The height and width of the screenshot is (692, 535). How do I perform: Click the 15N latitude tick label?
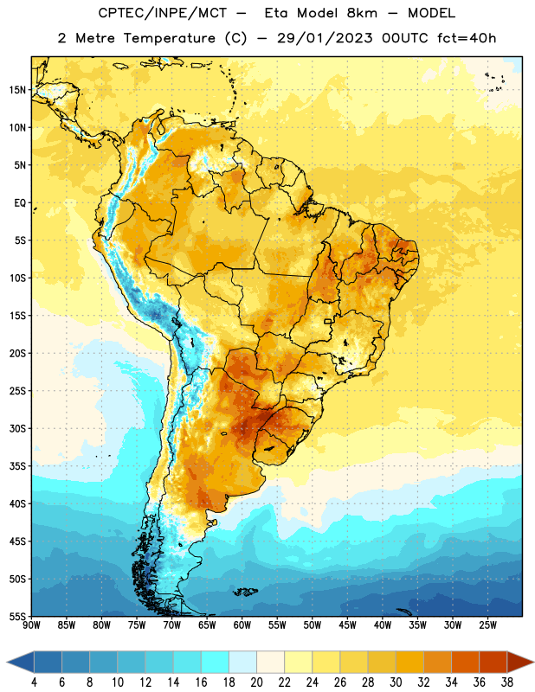(x=17, y=90)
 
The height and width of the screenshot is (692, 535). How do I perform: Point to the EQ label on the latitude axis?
(x=20, y=203)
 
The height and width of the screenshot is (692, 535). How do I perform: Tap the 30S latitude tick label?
(x=17, y=428)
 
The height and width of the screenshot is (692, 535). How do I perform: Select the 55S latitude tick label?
(x=17, y=617)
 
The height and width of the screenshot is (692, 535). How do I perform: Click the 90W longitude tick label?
(x=31, y=625)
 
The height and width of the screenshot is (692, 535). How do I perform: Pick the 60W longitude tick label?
(x=242, y=625)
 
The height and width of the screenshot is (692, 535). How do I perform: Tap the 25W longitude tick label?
(x=487, y=625)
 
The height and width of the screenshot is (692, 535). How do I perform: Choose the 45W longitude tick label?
(x=347, y=625)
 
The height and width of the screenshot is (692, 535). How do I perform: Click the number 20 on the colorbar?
(x=256, y=682)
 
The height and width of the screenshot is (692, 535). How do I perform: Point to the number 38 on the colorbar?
(x=506, y=682)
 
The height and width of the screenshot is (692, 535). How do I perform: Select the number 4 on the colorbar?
(x=34, y=682)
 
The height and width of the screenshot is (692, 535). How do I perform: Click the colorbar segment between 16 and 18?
(x=216, y=662)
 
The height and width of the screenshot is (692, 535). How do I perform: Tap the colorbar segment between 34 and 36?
(x=465, y=662)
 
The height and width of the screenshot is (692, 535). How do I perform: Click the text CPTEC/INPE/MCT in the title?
(x=162, y=13)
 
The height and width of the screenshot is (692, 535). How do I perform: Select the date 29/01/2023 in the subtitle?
(x=325, y=38)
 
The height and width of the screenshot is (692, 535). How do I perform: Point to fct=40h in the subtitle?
(x=467, y=38)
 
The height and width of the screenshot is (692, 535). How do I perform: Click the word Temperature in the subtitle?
(x=169, y=39)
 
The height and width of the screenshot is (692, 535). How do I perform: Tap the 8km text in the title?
(x=362, y=13)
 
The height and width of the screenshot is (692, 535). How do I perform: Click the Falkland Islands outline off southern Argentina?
(x=245, y=592)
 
